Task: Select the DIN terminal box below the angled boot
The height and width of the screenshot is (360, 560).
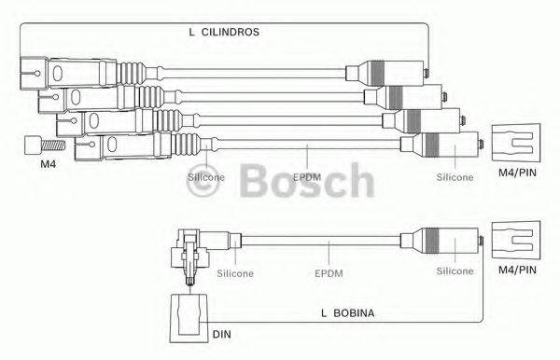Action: [x=189, y=317]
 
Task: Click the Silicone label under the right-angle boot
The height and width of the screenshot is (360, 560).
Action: [x=235, y=273]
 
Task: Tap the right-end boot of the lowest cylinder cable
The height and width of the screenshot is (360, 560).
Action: [x=439, y=145]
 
